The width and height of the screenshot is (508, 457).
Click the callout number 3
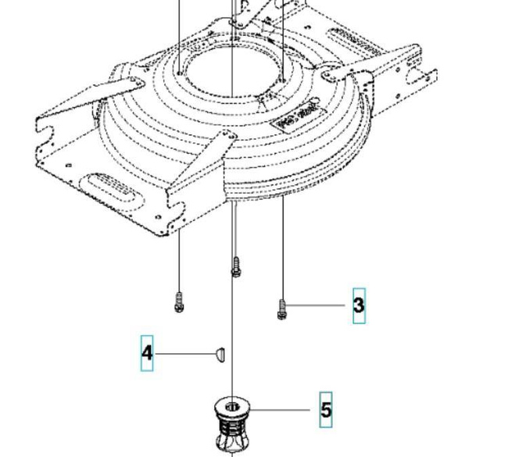pos(358,305)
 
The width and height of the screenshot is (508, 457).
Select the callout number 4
pos(147,353)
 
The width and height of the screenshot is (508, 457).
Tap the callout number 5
pos(325,409)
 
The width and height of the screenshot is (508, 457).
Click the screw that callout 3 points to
pos(282,309)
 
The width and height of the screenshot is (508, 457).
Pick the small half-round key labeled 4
pos(220,354)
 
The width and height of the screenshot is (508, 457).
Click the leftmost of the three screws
pos(179,301)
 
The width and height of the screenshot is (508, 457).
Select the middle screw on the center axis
pos(234,266)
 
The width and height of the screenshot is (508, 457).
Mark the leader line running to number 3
pos(317,305)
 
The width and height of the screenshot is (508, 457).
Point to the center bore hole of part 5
pos(233,406)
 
